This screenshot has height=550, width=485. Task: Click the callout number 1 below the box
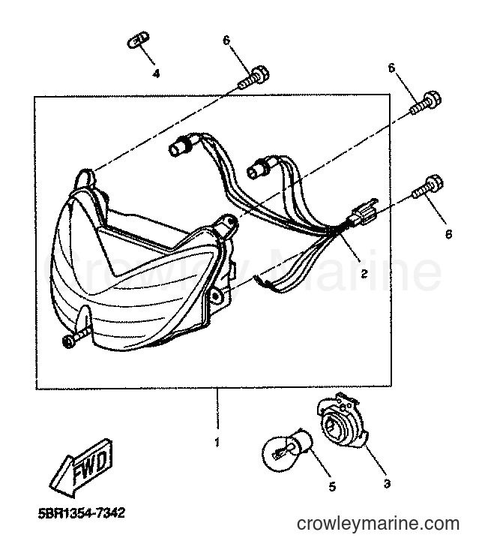pos(217,442)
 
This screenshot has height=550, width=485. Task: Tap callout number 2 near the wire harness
pos(364,274)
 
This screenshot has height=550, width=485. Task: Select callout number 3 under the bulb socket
pos(387,484)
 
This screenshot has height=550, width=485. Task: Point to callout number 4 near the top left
pos(156,74)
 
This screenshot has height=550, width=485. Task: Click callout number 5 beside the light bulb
pos(332,486)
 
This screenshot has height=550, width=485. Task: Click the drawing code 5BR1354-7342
pos(81,513)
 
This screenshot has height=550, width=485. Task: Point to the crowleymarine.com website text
pos(378,524)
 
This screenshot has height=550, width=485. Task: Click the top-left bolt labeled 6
pos(253,77)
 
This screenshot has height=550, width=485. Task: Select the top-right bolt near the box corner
pos(425,103)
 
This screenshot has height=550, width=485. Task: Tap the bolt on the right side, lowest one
pos(428,187)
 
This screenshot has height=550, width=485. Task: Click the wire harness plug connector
pos(363,212)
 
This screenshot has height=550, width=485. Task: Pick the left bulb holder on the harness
pos(182,144)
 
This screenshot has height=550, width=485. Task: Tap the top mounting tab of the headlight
pos(85,179)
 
